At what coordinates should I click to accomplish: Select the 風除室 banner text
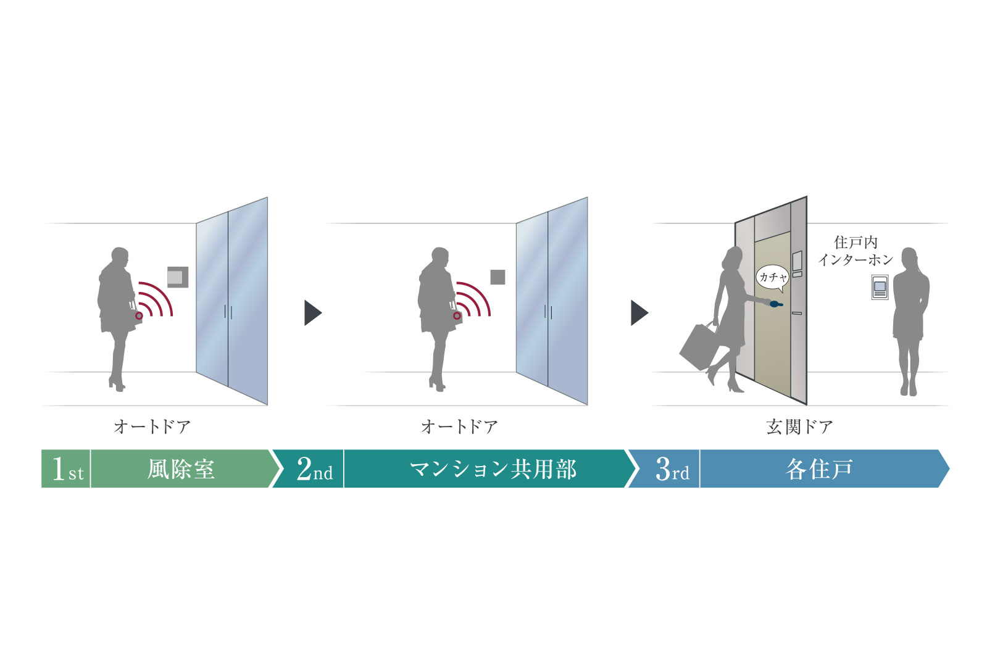pyautogui.click(x=181, y=469)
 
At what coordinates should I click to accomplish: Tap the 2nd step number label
pyautogui.click(x=314, y=469)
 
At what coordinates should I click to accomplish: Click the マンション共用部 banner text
pyautogui.click(x=493, y=469)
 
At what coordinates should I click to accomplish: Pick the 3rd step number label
pyautogui.click(x=672, y=469)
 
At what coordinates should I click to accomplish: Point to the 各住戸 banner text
pyautogui.click(x=819, y=469)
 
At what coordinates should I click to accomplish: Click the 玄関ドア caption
pyautogui.click(x=799, y=427)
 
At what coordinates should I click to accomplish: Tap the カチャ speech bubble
pyautogui.click(x=772, y=278)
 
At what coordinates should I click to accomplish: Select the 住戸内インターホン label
pyautogui.click(x=856, y=251)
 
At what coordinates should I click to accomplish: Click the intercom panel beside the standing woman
pyautogui.click(x=880, y=287)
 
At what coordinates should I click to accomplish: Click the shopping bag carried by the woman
pyautogui.click(x=697, y=347)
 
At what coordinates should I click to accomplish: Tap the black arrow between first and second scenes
pyautogui.click(x=312, y=313)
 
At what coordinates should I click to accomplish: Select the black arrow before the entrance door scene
pyautogui.click(x=639, y=313)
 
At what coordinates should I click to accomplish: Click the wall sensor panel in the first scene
pyautogui.click(x=177, y=277)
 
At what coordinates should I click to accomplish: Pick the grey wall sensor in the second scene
pyautogui.click(x=497, y=277)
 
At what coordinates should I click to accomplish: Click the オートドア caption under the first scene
pyautogui.click(x=152, y=427)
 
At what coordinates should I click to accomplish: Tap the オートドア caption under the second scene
pyautogui.click(x=459, y=427)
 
